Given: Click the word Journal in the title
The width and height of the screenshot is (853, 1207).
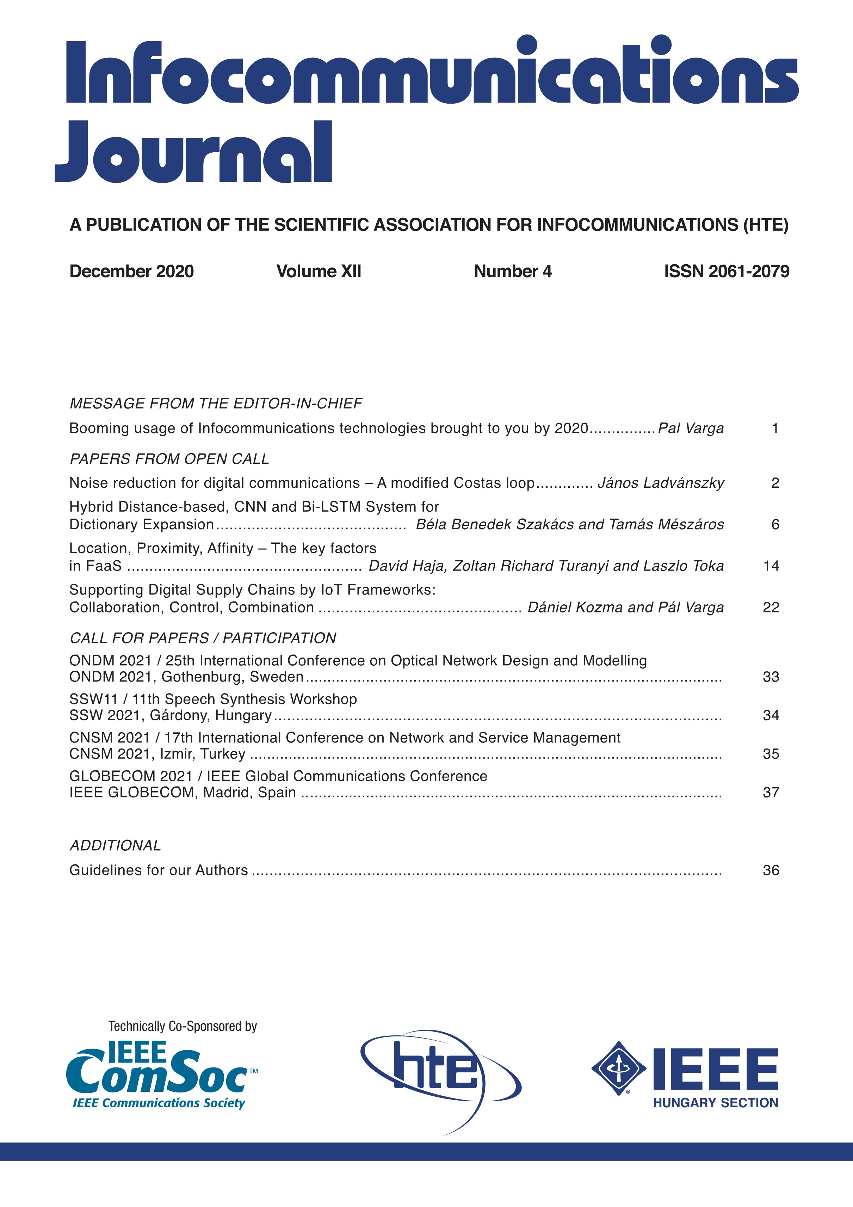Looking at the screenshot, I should pyautogui.click(x=193, y=153).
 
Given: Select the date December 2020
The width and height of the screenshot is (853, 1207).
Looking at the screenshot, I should pyautogui.click(x=131, y=271).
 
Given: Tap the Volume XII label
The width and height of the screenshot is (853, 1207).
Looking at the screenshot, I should pyautogui.click(x=319, y=271).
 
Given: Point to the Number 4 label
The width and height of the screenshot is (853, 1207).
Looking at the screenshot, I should pyautogui.click(x=512, y=271).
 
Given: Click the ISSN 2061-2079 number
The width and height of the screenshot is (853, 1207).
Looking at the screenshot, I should pyautogui.click(x=727, y=271).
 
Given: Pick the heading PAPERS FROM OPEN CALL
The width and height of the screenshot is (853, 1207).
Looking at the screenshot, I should pyautogui.click(x=169, y=459).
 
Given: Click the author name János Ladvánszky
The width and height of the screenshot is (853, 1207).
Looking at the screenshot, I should pyautogui.click(x=661, y=483).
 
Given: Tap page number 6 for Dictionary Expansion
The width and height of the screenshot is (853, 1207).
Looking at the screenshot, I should pyautogui.click(x=775, y=525).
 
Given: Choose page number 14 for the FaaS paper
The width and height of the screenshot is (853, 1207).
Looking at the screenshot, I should pyautogui.click(x=771, y=566).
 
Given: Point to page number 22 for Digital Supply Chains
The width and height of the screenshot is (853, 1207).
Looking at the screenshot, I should pyautogui.click(x=771, y=608).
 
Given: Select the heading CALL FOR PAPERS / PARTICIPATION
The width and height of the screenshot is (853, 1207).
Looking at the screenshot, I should pyautogui.click(x=203, y=638).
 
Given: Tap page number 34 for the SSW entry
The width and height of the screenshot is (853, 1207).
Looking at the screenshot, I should pyautogui.click(x=771, y=715).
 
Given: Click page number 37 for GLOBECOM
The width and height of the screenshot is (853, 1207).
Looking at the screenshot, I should pyautogui.click(x=771, y=793).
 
